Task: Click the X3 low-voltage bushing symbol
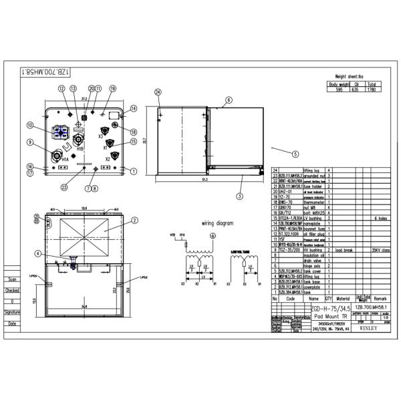tap(103, 131)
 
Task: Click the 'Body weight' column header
tap(340, 85)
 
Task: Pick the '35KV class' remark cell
tap(380, 250)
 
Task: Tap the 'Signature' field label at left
tap(12, 311)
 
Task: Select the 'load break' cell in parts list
tap(343, 250)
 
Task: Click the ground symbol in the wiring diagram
tap(213, 236)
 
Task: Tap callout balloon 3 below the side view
tap(240, 196)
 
